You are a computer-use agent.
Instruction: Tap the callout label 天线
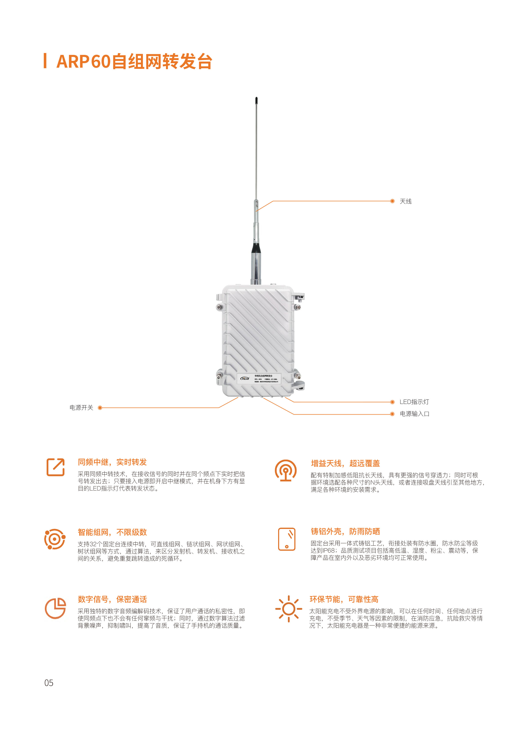click(406, 202)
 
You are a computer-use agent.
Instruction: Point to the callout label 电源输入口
click(414, 414)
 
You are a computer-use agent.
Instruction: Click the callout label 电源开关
click(81, 408)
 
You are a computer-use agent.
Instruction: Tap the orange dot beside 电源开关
click(100, 408)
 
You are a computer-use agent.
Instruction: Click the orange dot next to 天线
click(392, 201)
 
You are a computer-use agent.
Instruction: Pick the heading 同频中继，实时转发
click(112, 462)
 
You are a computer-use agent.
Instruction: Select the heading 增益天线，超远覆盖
click(345, 464)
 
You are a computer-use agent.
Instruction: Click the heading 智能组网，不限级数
click(112, 532)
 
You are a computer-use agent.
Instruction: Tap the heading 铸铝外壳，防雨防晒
click(345, 532)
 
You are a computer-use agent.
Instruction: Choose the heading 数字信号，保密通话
click(112, 599)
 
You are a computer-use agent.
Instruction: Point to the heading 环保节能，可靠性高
click(344, 599)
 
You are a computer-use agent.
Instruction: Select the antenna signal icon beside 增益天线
click(286, 471)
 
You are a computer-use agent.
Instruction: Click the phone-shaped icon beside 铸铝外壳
click(287, 539)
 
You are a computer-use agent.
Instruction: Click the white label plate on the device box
click(260, 379)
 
